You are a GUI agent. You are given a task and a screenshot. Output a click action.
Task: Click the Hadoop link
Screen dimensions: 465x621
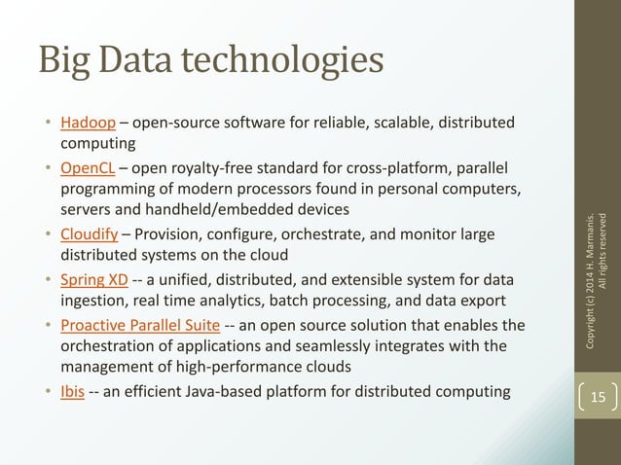(x=89, y=123)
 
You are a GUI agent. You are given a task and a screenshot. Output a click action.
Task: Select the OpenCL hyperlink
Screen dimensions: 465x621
(x=90, y=166)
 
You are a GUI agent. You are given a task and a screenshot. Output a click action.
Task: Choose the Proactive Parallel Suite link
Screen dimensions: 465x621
(x=140, y=325)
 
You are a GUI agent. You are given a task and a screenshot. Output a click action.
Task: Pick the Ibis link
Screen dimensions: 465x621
(x=72, y=392)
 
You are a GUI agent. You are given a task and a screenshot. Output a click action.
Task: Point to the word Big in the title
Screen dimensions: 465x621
(x=63, y=60)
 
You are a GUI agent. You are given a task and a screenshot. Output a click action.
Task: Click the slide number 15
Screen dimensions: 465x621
(x=597, y=396)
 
